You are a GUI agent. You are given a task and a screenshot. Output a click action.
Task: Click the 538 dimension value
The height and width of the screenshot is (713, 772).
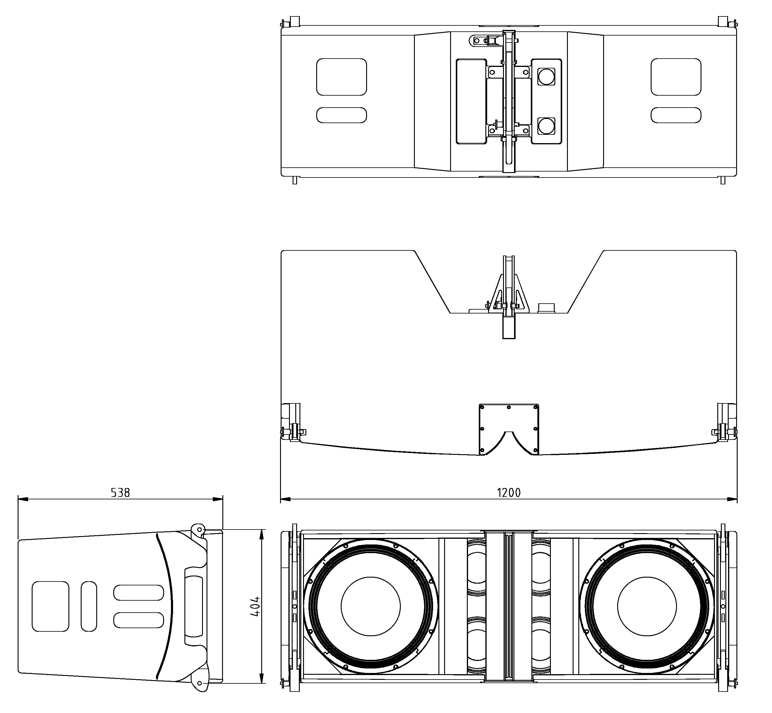click(x=120, y=493)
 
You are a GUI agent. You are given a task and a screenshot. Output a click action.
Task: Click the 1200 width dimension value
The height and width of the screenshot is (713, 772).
click(x=508, y=493)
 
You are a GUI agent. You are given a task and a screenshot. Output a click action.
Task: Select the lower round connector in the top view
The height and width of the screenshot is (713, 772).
click(x=546, y=126)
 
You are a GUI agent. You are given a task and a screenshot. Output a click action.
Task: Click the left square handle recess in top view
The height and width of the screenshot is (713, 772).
click(x=341, y=77)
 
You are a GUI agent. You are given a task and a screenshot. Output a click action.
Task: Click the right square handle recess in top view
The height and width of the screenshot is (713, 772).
click(x=676, y=77)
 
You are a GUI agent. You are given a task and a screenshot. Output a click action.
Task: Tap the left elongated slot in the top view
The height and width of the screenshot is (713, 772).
click(x=341, y=115)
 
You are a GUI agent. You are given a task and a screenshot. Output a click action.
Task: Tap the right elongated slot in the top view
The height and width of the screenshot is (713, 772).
click(x=676, y=115)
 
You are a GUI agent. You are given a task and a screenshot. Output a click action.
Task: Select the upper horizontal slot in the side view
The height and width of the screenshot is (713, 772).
click(x=138, y=593)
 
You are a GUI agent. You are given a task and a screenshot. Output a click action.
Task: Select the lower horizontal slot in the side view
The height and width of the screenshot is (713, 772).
click(x=138, y=620)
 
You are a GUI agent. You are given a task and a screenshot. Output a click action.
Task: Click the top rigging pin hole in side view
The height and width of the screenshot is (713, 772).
click(x=199, y=529)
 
